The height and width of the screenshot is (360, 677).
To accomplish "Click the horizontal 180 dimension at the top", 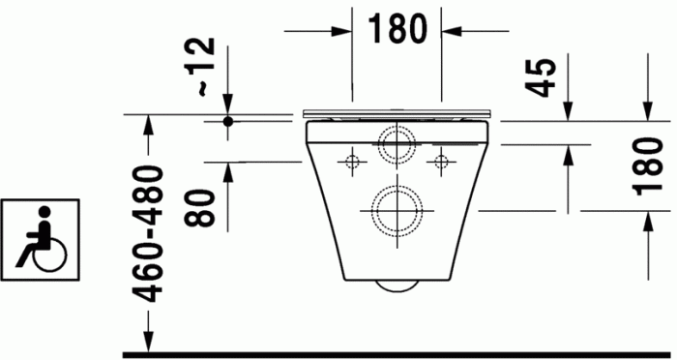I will click(396, 30).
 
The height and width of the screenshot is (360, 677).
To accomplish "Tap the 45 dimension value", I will click(545, 78).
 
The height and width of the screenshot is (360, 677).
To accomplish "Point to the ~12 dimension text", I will click(205, 67).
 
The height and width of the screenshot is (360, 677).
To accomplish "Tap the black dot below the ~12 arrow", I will click(229, 122).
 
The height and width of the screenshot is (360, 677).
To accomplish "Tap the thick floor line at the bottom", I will click(387, 354).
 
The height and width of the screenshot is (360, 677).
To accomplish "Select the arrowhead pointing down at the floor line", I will click(148, 340).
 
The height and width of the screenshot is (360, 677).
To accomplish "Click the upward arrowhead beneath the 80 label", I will click(229, 173).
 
